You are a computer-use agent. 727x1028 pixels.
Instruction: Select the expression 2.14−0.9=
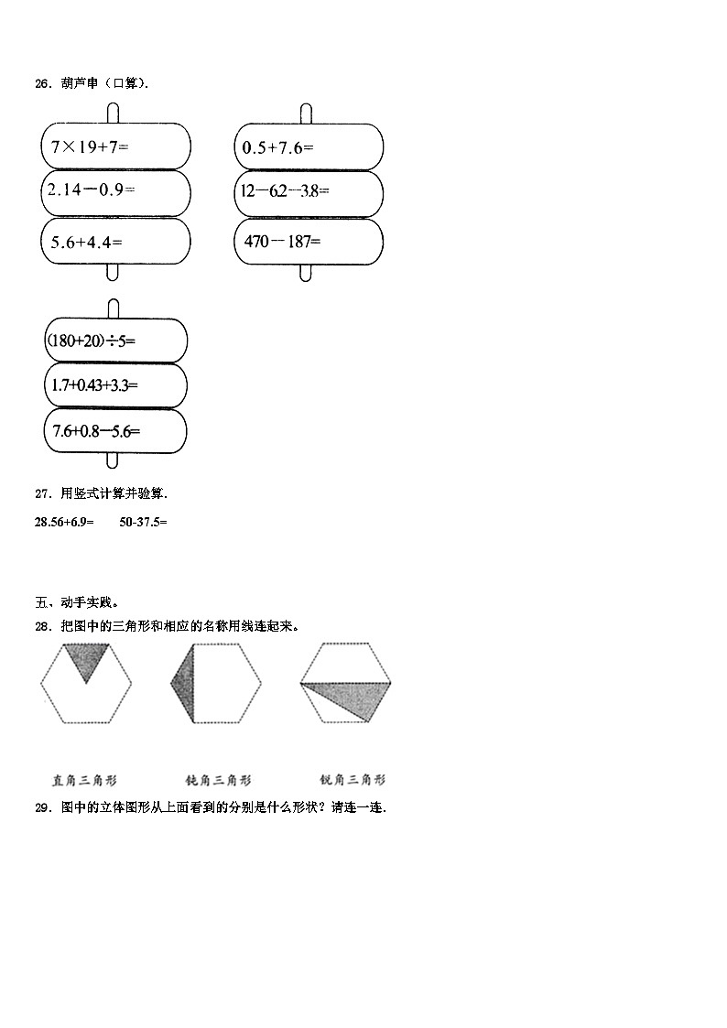[91, 190]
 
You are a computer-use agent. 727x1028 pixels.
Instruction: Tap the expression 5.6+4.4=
[87, 242]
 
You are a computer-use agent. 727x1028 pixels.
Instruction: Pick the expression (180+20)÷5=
[91, 341]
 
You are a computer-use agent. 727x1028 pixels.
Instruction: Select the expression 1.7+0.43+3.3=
[93, 385]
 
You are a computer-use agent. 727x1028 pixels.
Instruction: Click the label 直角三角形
[85, 781]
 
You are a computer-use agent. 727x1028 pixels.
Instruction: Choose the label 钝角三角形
[219, 781]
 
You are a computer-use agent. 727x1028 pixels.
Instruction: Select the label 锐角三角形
[353, 781]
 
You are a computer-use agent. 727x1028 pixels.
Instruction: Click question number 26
[41, 83]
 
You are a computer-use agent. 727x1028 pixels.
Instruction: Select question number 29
[41, 807]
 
